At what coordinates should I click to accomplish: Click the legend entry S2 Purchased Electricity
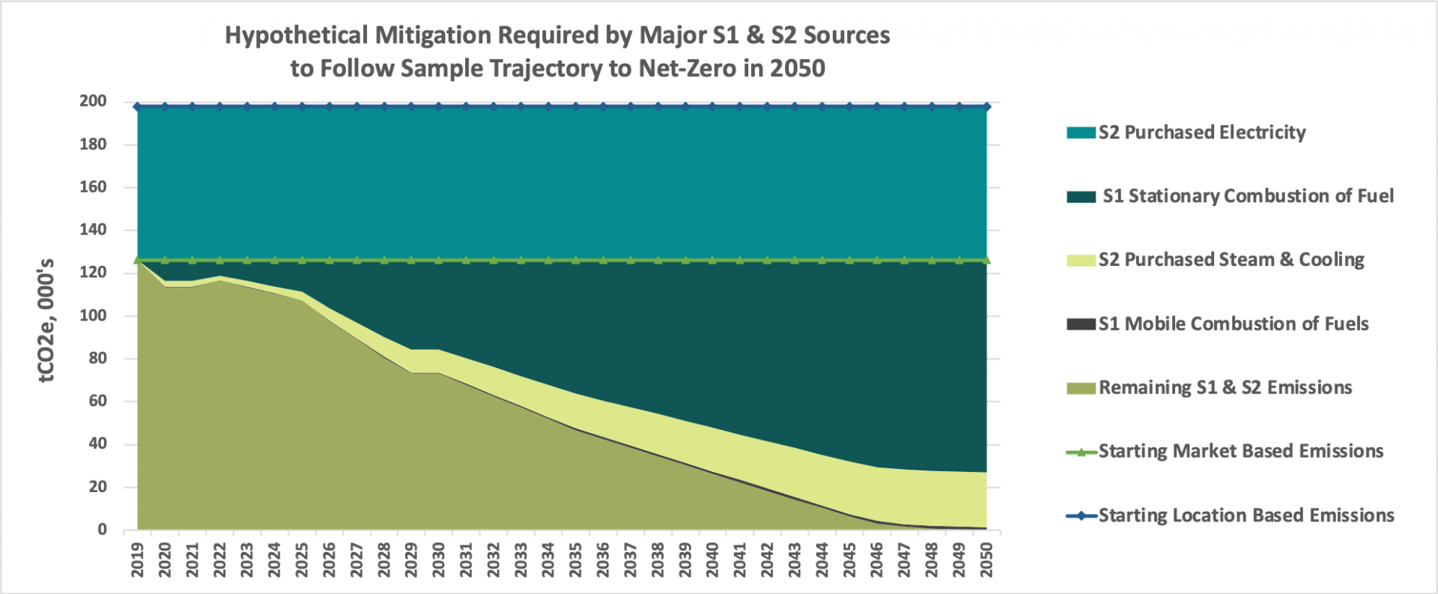pos(1201,133)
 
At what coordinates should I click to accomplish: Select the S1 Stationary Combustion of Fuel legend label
pos(1247,196)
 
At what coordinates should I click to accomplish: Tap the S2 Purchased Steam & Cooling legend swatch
pos(1081,261)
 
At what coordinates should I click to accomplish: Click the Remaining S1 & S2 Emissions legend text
pos(1225,387)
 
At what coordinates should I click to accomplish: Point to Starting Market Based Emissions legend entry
pos(1240,451)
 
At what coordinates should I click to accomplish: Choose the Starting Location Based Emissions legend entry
pos(1246,515)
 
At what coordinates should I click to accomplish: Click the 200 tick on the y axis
pos(93,101)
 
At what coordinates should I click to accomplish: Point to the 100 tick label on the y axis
pos(93,315)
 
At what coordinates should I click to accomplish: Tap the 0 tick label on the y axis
pos(102,530)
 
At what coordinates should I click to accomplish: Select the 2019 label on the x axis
pos(138,560)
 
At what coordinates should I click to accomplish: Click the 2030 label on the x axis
pos(439,560)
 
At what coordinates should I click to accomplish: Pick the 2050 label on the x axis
pos(986,560)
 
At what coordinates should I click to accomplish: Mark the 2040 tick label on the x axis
pos(712,560)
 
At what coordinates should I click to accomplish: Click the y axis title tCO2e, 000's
pos(46,321)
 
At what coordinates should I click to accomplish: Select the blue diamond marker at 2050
pos(986,107)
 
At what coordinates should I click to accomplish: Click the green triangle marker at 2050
pos(986,260)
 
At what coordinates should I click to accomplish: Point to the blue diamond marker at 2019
pos(138,107)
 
